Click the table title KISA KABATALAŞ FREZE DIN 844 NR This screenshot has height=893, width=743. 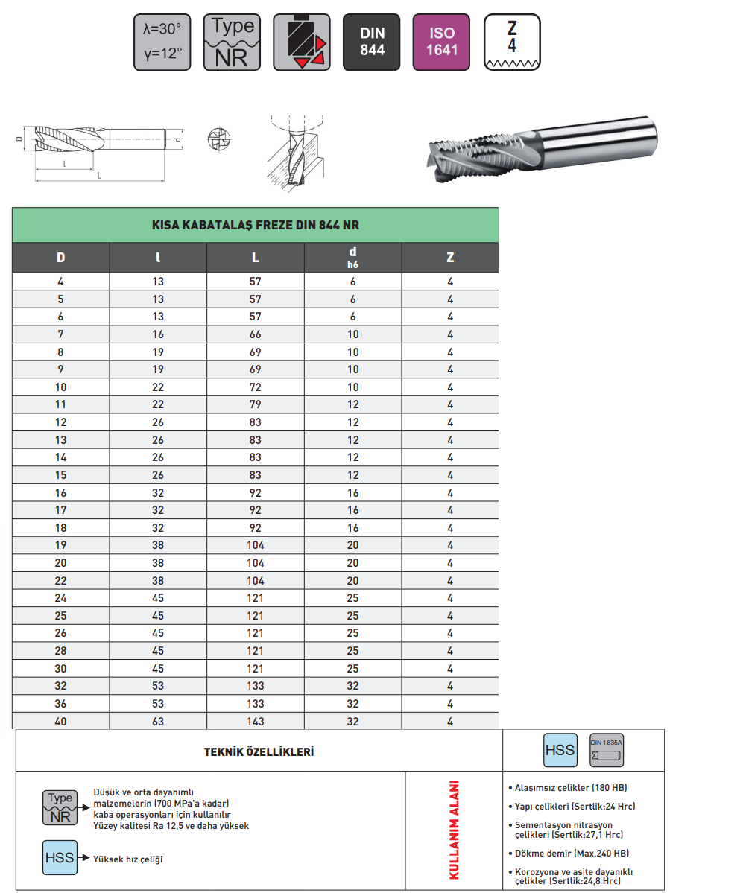tap(255, 225)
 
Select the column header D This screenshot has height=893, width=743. tap(60, 258)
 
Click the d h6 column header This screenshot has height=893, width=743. tap(352, 257)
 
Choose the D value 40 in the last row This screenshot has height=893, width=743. tap(60, 721)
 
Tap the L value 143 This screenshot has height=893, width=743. tap(255, 721)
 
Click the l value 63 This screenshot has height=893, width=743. tap(157, 721)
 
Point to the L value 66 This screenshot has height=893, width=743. tap(255, 334)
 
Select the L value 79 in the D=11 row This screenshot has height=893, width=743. tap(255, 404)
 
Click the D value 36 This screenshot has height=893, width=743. tap(60, 703)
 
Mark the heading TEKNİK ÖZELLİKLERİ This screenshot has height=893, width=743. tap(259, 751)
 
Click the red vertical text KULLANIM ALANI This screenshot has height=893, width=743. tap(453, 830)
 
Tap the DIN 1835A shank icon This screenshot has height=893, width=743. tap(606, 749)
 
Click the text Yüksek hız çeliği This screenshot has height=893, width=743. tap(127, 859)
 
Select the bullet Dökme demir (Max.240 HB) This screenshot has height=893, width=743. tap(571, 853)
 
